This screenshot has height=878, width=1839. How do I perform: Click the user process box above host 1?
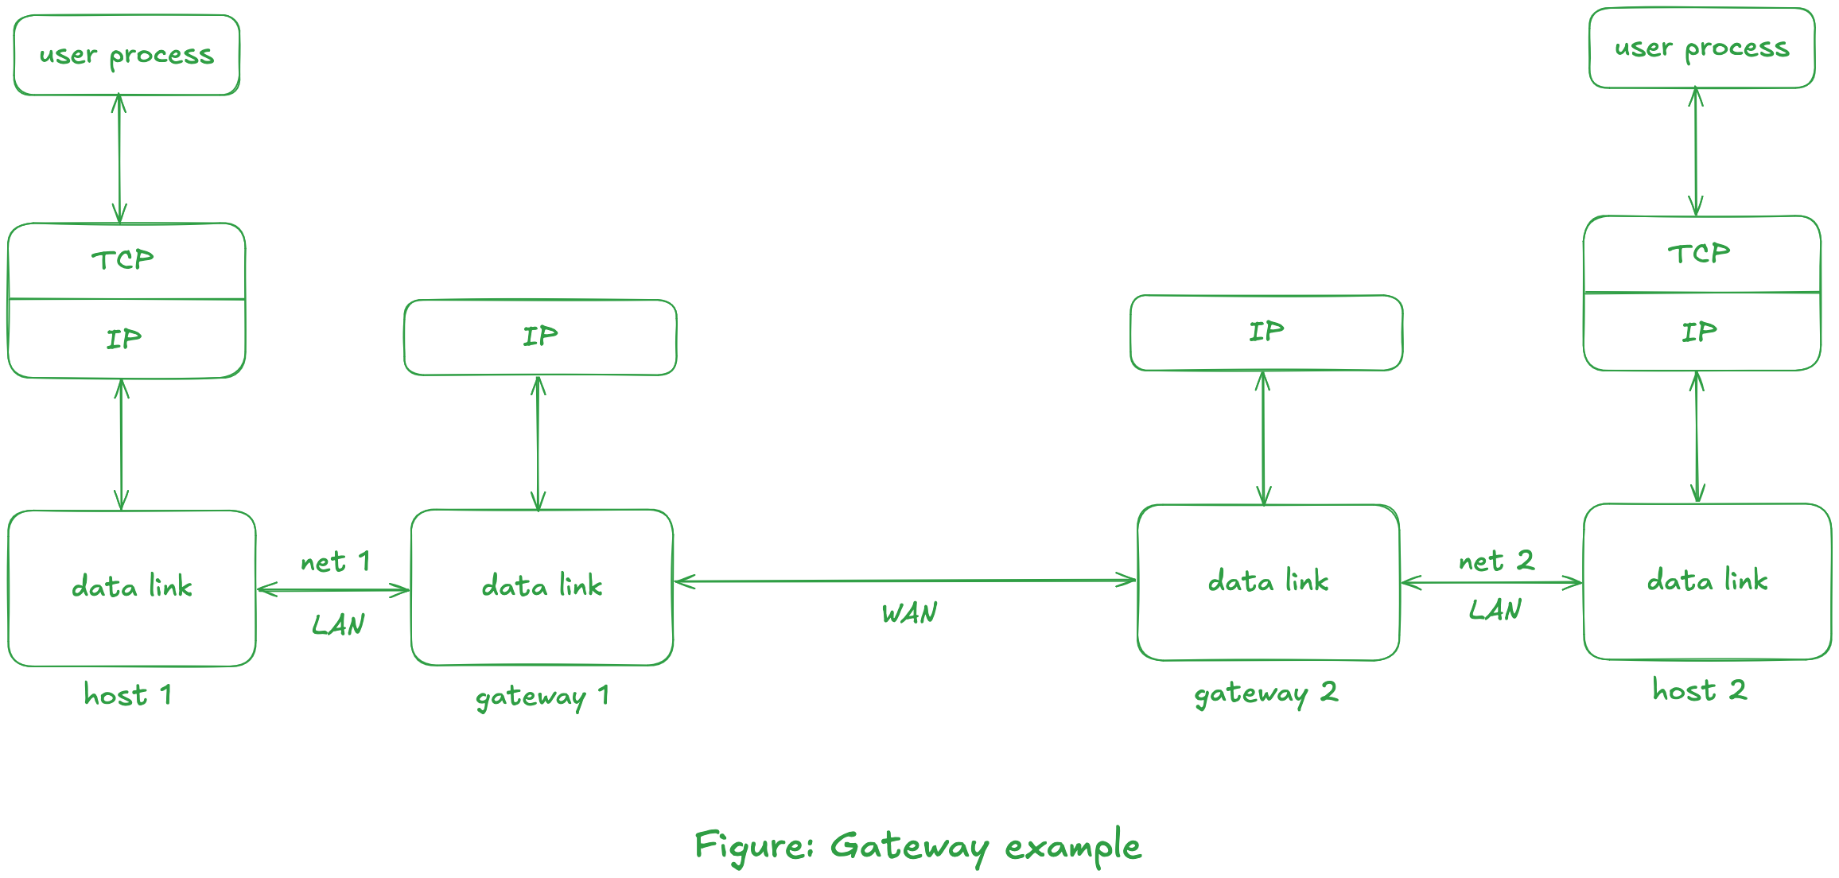(126, 55)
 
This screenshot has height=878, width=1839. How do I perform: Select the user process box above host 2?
(1701, 48)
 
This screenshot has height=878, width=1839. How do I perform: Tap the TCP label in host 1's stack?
(122, 260)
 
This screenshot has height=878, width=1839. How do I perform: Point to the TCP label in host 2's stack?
(1698, 254)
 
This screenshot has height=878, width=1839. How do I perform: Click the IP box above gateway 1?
(540, 337)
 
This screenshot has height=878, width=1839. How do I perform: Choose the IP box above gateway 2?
(1266, 332)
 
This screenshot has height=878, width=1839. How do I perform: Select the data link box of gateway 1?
(542, 587)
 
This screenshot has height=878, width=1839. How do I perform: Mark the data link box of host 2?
(1707, 581)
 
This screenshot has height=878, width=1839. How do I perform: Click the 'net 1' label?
(335, 562)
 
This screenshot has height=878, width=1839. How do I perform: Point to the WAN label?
(909, 613)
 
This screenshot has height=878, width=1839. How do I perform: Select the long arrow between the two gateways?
(905, 581)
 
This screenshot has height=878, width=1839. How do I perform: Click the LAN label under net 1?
(338, 625)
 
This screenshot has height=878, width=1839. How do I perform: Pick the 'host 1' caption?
(127, 695)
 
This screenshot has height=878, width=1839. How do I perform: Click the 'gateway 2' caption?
(1266, 693)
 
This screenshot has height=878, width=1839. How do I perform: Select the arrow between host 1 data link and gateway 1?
(333, 590)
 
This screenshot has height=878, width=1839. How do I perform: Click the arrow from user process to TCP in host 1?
(119, 159)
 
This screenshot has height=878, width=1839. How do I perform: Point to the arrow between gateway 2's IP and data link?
(1263, 437)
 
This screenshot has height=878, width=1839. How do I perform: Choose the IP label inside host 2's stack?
(1698, 332)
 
